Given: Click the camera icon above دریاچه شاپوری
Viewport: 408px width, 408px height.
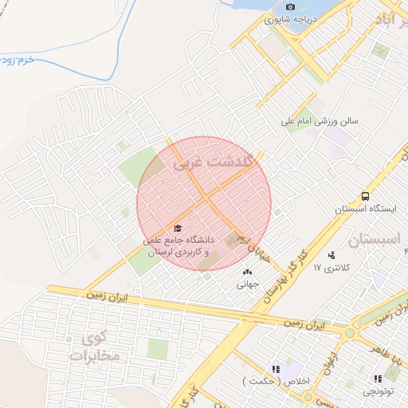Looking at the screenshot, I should click(290, 6).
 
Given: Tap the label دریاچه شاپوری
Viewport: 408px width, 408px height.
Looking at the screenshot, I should click(291, 18).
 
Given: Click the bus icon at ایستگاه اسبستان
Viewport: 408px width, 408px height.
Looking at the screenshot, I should click(365, 196).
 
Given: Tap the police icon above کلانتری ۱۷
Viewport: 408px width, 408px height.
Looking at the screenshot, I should click(331, 255).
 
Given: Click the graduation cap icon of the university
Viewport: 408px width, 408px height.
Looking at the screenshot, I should click(177, 229).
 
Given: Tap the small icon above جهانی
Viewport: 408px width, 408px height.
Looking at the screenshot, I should click(245, 273).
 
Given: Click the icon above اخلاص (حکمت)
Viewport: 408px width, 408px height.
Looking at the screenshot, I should click(276, 369).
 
